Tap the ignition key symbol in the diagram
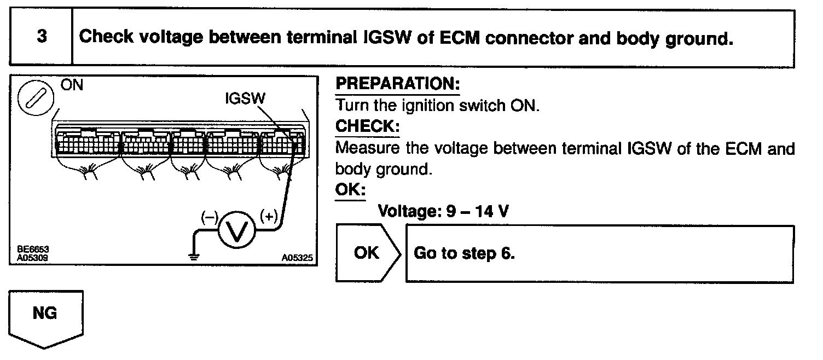click(x=36, y=100)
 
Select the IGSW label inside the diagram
click(x=245, y=98)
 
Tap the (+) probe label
click(x=269, y=216)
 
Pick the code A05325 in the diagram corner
click(x=299, y=256)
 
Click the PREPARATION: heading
click(x=397, y=84)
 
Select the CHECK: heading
click(x=367, y=126)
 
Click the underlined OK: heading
click(x=350, y=190)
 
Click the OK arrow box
click(x=366, y=253)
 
